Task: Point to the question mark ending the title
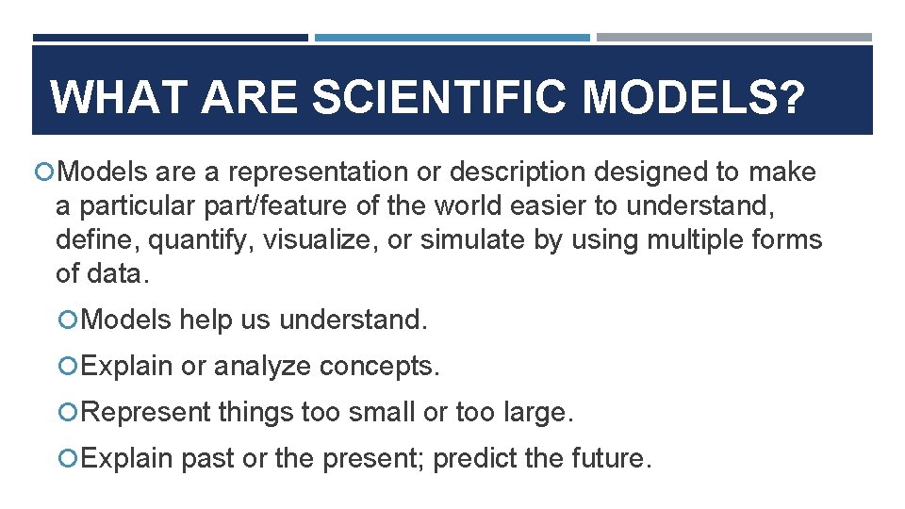[790, 98]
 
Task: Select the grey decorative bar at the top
[733, 38]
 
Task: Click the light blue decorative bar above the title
[452, 38]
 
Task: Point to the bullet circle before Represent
[66, 412]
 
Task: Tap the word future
[610, 459]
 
